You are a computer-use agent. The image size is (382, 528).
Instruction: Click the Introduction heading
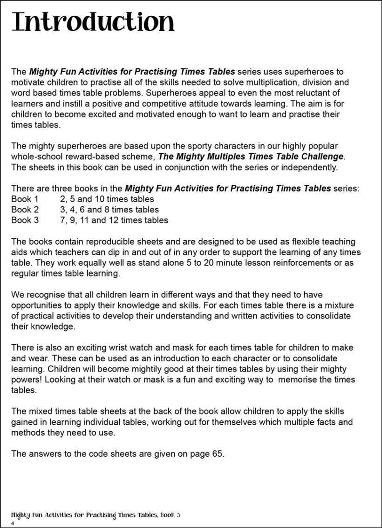tap(93, 22)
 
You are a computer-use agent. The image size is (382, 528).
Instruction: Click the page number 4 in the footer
tap(13, 524)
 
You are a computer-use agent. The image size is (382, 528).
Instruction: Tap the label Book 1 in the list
tap(25, 199)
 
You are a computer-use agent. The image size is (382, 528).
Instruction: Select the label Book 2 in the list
tap(25, 210)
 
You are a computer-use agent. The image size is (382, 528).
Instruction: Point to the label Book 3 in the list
tap(25, 220)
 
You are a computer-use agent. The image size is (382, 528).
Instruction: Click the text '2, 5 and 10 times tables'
tap(107, 199)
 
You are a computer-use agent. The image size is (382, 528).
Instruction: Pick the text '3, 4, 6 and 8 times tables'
tap(109, 210)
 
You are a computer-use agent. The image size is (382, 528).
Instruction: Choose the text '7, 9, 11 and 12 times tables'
tap(114, 220)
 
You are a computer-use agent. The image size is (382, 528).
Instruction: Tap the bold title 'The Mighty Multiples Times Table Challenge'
tap(251, 157)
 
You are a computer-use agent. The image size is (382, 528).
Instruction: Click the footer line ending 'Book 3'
tap(95, 515)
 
